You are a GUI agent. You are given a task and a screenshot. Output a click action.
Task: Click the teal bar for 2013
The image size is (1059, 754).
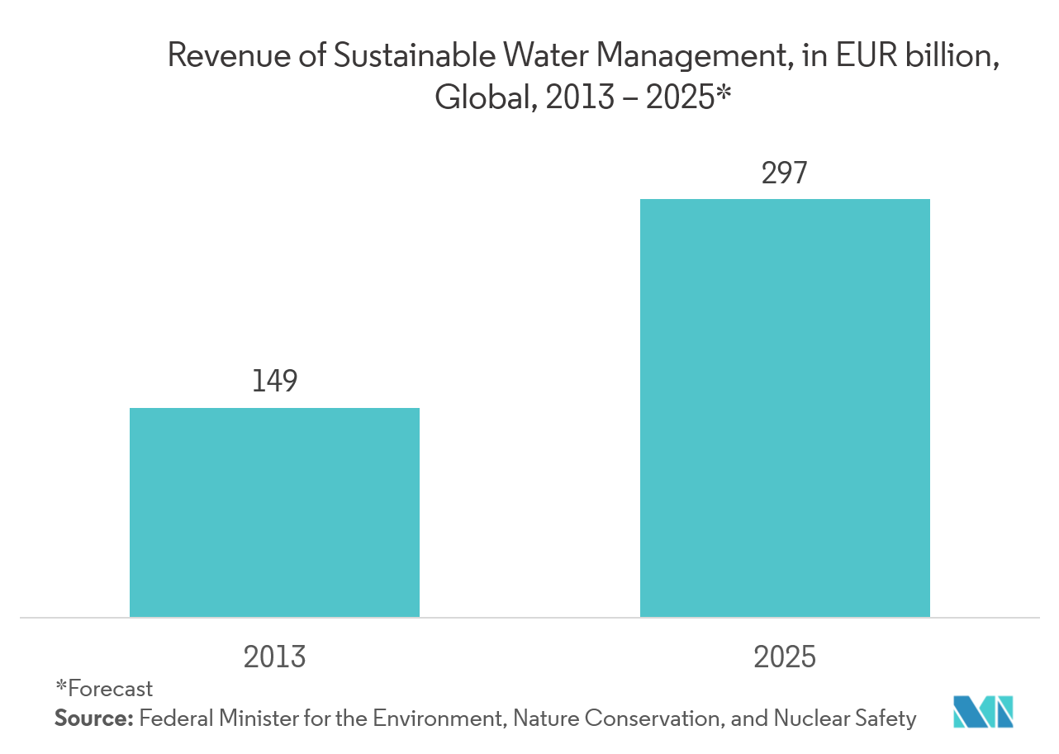274,512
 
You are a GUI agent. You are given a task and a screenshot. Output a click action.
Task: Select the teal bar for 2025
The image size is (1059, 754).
785,408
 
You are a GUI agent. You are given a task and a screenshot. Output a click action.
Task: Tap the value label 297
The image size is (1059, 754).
783,173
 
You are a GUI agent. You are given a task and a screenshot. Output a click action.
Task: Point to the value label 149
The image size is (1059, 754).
274,379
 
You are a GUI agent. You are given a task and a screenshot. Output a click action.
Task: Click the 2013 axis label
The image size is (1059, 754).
274,657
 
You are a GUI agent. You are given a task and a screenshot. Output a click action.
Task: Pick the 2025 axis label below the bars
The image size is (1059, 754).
784,657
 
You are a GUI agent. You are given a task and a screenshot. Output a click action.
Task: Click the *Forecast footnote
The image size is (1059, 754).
104,688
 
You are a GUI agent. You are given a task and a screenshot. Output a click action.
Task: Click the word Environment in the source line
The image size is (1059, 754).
437,718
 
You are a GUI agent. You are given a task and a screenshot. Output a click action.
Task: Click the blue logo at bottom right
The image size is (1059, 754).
982,712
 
